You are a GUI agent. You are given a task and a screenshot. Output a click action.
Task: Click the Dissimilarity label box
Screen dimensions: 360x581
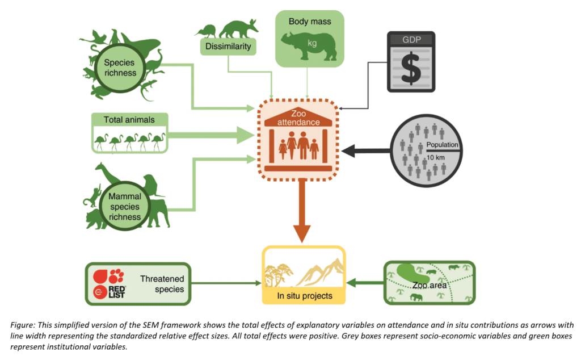click(228, 47)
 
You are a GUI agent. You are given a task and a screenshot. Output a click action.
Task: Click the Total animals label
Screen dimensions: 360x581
click(129, 119)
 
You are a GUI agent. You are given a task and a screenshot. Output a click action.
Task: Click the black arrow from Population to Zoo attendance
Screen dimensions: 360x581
click(367, 150)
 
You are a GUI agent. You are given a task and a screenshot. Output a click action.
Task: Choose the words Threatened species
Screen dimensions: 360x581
click(162, 284)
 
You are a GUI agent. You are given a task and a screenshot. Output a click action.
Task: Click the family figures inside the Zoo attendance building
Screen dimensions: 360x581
click(298, 146)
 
